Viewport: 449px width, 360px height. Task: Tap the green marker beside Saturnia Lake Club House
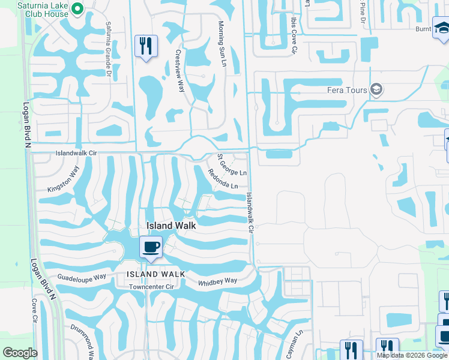click(77, 8)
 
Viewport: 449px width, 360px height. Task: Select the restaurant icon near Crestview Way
click(146, 46)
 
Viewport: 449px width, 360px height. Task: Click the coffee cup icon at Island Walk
click(151, 246)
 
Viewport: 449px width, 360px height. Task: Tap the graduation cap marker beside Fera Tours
click(377, 90)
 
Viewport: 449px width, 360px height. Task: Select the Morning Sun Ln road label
click(222, 44)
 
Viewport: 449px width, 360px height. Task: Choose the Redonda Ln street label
click(223, 179)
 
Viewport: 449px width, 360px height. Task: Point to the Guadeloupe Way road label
click(82, 277)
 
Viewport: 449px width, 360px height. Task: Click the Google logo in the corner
click(20, 353)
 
